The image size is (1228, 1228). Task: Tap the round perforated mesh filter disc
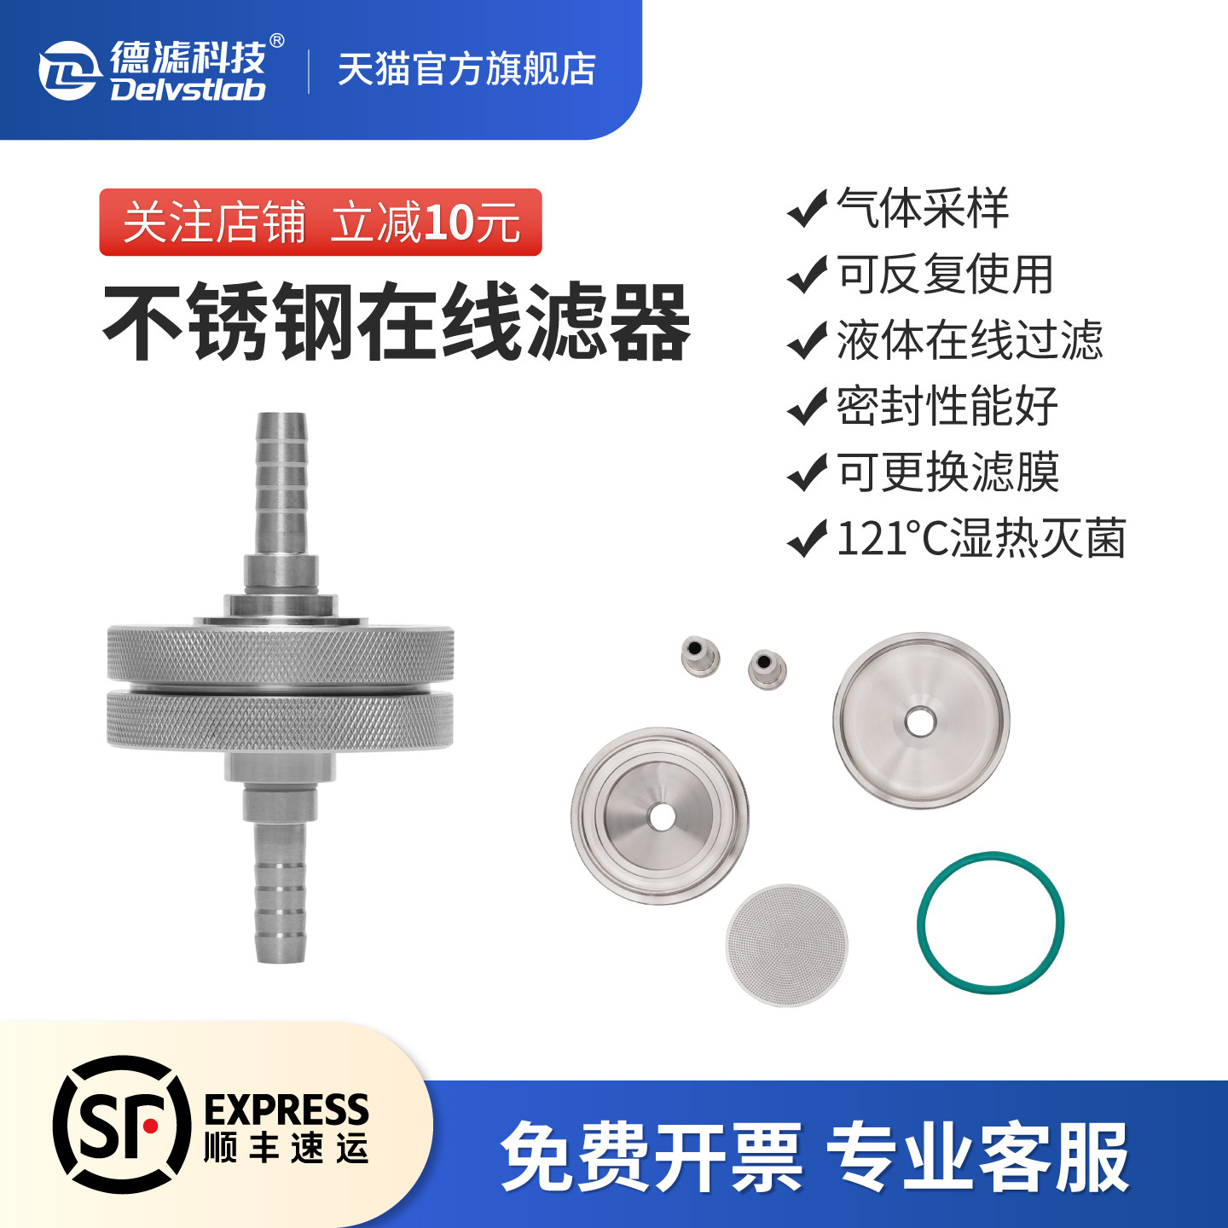[x=786, y=944]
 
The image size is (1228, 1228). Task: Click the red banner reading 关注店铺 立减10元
[x=321, y=223]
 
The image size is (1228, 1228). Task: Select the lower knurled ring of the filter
[x=281, y=721]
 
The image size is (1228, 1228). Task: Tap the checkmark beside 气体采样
[x=807, y=208]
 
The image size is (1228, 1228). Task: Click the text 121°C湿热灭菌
[x=981, y=538]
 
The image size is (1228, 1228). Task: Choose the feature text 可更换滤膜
[x=947, y=472]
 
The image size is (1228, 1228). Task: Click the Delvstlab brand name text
[x=188, y=90]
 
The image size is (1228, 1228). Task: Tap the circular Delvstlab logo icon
[x=67, y=70]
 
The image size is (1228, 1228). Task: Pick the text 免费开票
[x=652, y=1157]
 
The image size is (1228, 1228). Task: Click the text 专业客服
[x=977, y=1157]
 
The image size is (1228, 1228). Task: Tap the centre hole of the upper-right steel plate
[x=920, y=721]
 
